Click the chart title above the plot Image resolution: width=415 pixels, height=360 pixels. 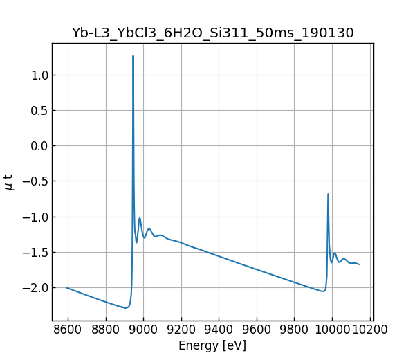click(x=212, y=33)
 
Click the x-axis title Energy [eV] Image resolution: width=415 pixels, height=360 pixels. click(x=212, y=345)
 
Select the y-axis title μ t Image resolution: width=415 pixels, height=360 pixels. click(x=9, y=182)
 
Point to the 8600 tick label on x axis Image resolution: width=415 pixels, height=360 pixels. click(x=68, y=330)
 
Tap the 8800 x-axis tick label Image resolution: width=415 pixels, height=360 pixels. click(x=106, y=330)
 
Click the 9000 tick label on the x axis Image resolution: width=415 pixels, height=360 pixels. click(x=144, y=330)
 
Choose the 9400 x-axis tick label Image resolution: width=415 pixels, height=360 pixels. click(x=219, y=330)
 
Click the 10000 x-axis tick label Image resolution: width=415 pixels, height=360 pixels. click(x=332, y=330)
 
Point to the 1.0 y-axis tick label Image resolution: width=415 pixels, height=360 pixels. click(x=39, y=75)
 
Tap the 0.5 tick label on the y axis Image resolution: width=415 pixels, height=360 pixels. click(x=39, y=110)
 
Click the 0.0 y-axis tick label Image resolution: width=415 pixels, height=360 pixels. click(x=39, y=145)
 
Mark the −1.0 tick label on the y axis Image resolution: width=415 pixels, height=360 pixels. click(x=35, y=217)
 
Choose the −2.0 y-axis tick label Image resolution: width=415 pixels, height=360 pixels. click(x=35, y=287)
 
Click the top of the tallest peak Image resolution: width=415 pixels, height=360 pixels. click(x=133, y=56)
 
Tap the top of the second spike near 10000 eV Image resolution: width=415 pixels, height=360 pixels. click(x=328, y=194)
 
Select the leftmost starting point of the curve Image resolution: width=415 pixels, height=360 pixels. click(x=66, y=287)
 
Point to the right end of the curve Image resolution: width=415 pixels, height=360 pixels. click(x=359, y=264)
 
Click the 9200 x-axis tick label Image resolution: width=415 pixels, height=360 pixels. click(x=181, y=330)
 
